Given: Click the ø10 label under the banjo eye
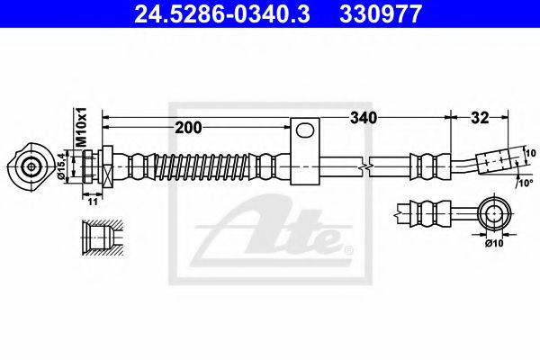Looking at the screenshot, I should click(493, 241).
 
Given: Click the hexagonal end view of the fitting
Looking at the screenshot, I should click(31, 166).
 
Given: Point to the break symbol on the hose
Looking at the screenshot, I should click(364, 167).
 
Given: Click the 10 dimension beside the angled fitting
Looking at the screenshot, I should click(529, 153).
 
